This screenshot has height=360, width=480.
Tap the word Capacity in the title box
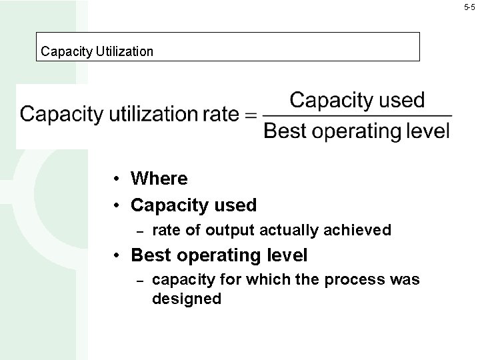tap(62, 51)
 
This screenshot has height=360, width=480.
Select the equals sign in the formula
tap(251, 115)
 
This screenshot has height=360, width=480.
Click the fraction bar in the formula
tap(357, 116)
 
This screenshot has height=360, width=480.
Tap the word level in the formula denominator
tap(429, 131)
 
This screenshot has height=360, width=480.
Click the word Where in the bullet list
tap(159, 179)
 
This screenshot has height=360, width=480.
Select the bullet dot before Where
tap(116, 179)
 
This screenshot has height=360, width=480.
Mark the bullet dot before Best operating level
tap(116, 255)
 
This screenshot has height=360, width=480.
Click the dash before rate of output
tap(139, 231)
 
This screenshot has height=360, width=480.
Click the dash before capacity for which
tap(139, 280)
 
